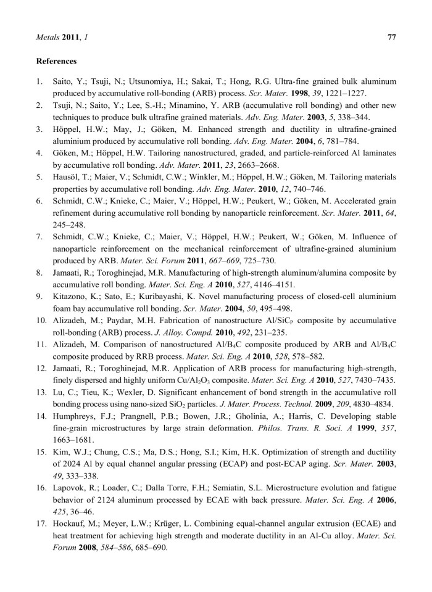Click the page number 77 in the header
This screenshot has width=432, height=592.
391,38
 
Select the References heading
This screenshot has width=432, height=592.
57,61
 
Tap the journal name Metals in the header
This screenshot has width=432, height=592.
48,38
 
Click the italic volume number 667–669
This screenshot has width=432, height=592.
191,261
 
